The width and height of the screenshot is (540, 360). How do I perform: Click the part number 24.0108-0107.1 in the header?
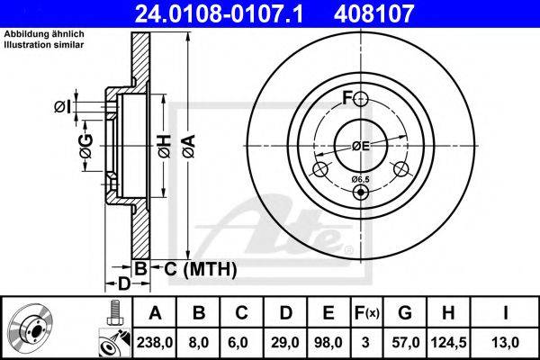pyautogui.click(x=219, y=13)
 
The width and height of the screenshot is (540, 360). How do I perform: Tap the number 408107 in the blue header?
pyautogui.click(x=373, y=13)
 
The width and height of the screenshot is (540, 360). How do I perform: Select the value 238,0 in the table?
pyautogui.click(x=155, y=343)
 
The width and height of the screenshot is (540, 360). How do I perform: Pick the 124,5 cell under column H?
pyautogui.click(x=448, y=343)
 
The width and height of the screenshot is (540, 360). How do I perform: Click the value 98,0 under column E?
pyautogui.click(x=328, y=343)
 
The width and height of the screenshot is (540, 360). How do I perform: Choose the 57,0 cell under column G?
pyautogui.click(x=405, y=343)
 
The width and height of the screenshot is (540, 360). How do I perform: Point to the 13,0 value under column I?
pyautogui.click(x=505, y=343)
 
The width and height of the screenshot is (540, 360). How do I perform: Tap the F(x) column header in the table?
pyautogui.click(x=367, y=313)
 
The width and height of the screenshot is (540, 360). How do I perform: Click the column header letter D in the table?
pyautogui.click(x=286, y=313)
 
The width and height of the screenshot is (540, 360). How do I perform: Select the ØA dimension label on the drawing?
pyautogui.click(x=189, y=147)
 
